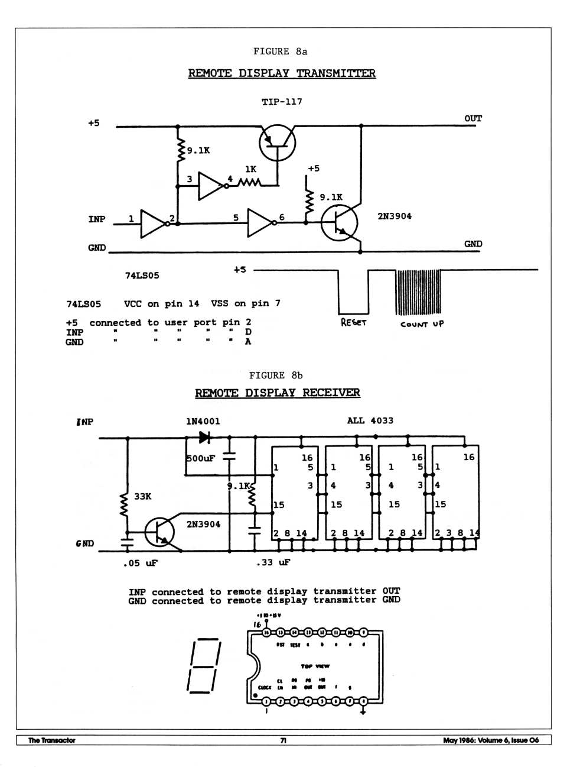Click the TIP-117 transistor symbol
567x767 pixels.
click(x=277, y=143)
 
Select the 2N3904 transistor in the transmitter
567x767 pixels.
click(x=340, y=223)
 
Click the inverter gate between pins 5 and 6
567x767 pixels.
click(x=260, y=222)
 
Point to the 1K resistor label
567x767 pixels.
click(x=251, y=169)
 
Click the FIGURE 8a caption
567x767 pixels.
click(x=280, y=51)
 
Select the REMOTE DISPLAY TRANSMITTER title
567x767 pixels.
click(x=282, y=73)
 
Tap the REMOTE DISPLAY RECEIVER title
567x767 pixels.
click(x=277, y=393)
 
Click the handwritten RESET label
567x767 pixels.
click(x=354, y=323)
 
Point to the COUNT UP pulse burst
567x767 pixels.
click(x=418, y=292)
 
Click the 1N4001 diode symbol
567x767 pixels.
click(x=204, y=437)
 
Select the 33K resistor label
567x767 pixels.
click(x=143, y=497)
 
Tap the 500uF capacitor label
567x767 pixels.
click(x=201, y=458)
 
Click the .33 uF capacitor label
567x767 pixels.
click(x=273, y=562)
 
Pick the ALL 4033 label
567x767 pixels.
click(x=370, y=421)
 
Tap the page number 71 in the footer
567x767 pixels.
click(x=283, y=740)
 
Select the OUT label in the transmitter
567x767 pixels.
click(x=473, y=118)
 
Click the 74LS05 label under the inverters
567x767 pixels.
click(x=142, y=276)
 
